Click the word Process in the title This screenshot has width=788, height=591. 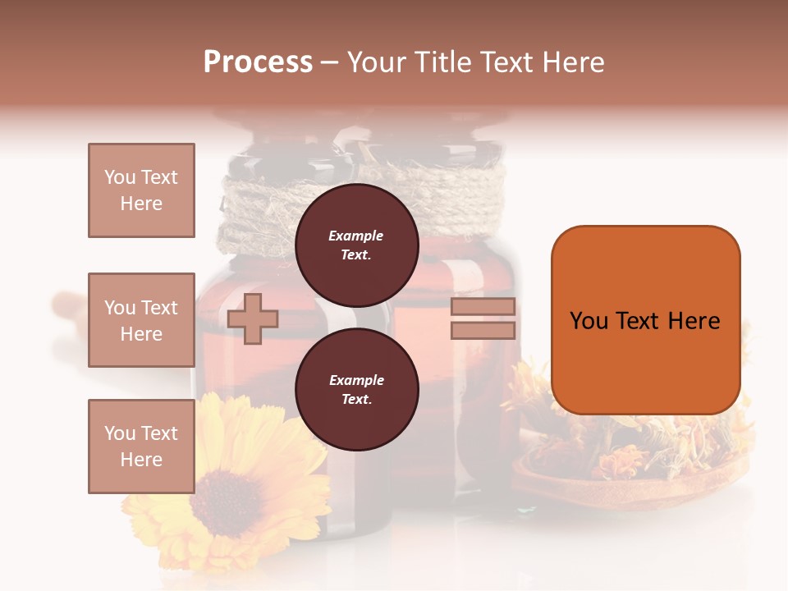point(258,62)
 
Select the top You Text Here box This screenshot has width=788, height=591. point(141,190)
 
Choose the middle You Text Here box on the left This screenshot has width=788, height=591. point(141,320)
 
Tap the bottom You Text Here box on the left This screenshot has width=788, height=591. point(141,447)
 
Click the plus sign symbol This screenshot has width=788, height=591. point(252,318)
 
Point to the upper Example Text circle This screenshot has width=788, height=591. point(356,245)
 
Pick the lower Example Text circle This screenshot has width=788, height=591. point(356,389)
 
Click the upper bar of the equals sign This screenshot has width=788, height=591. point(483,306)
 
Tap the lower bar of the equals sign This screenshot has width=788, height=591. point(483,330)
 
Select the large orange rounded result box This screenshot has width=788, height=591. point(645,320)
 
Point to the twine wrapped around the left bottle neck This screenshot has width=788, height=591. point(250,218)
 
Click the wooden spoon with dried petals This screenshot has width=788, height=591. point(632,476)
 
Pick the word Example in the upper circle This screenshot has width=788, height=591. point(355,236)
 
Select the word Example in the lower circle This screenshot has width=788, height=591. point(356,380)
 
